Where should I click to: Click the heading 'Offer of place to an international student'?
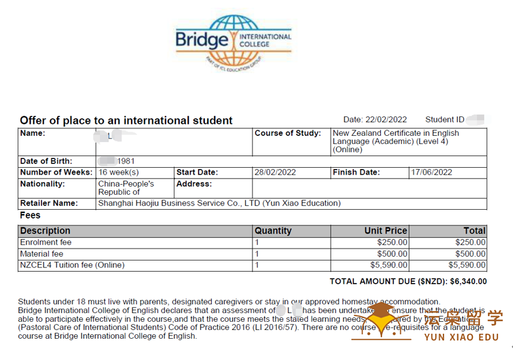[x=126, y=120]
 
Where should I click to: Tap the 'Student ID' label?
[x=445, y=120]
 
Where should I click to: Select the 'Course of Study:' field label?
[x=287, y=133]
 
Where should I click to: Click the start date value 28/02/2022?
[x=275, y=172]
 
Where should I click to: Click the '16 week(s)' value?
[x=118, y=172]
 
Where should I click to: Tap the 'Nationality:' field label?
[x=43, y=184]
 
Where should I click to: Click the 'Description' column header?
[x=45, y=230]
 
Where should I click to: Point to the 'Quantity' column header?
[x=273, y=230]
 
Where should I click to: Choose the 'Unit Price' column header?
[x=386, y=230]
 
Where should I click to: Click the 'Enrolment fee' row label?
[x=46, y=242]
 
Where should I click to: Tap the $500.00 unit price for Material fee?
[x=392, y=254]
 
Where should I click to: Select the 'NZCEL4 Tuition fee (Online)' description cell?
[x=73, y=265]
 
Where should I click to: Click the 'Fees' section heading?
[x=30, y=215]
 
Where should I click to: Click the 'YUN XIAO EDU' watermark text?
[x=462, y=337]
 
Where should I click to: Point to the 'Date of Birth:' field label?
[x=46, y=161]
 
